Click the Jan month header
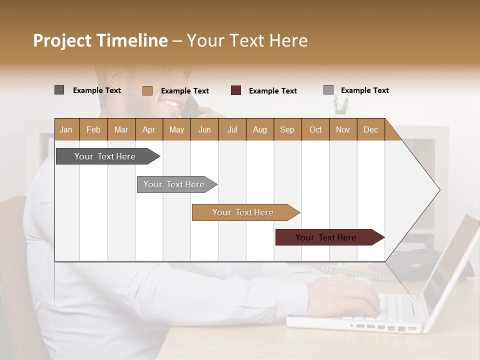tap(66, 129)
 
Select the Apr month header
tap(149, 129)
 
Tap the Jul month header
tap(232, 129)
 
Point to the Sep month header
tap(287, 129)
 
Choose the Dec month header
tap(370, 129)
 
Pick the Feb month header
tap(93, 129)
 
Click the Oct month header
tap(315, 129)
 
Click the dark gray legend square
tap(59, 90)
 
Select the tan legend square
tap(147, 90)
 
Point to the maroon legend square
tap(236, 90)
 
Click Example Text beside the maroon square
tap(272, 91)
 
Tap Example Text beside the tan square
tap(184, 91)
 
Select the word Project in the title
tap(62, 40)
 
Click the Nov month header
tap(343, 129)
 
